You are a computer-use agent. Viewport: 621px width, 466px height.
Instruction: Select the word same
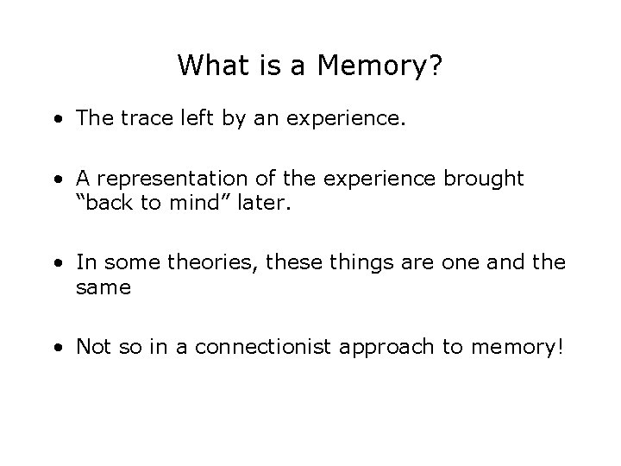(103, 287)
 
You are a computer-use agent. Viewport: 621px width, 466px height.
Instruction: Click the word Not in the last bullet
(92, 347)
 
